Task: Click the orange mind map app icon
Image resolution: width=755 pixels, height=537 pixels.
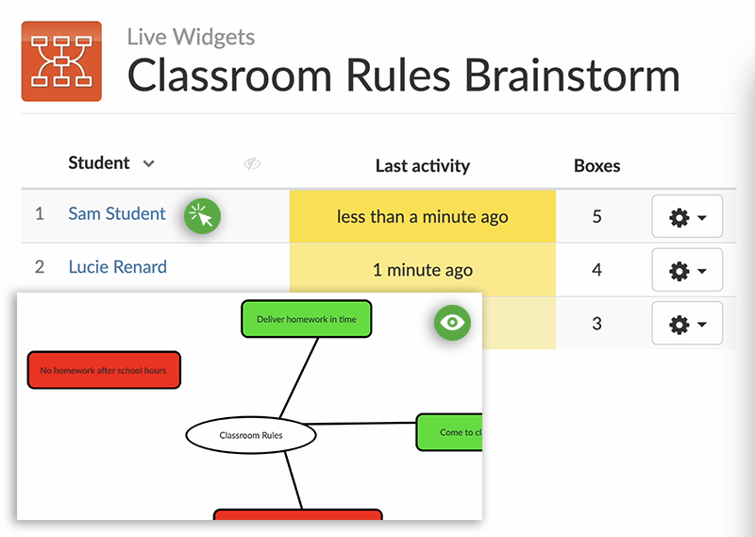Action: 61,61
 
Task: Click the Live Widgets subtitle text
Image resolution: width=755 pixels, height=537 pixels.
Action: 191,38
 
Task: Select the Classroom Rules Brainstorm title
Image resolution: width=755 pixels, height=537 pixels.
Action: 403,76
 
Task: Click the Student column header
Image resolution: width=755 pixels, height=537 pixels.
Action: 99,163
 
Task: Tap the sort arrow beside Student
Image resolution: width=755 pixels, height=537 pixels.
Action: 148,164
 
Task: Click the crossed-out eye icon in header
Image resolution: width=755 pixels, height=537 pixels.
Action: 251,164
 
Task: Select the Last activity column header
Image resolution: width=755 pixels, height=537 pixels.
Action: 422,166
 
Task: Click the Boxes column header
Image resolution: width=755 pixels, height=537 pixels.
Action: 596,166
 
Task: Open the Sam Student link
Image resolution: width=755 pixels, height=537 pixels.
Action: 117,214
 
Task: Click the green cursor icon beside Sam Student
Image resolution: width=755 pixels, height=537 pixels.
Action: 202,216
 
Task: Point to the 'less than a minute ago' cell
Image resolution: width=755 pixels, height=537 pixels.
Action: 422,217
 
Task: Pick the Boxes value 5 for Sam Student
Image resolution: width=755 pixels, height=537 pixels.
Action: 596,217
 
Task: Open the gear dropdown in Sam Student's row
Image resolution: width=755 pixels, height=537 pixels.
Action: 687,218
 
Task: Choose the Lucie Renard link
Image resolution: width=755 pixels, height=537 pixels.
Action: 118,267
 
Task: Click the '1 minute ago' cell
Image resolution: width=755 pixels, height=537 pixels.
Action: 422,270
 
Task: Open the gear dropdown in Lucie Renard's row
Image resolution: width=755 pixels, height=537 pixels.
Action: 687,271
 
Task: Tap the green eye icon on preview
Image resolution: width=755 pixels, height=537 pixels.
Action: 452,323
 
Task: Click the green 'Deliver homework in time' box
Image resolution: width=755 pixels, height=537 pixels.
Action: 307,319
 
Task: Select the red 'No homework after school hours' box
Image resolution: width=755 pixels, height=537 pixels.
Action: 104,370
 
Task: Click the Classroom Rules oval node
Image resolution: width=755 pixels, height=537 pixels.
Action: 251,435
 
